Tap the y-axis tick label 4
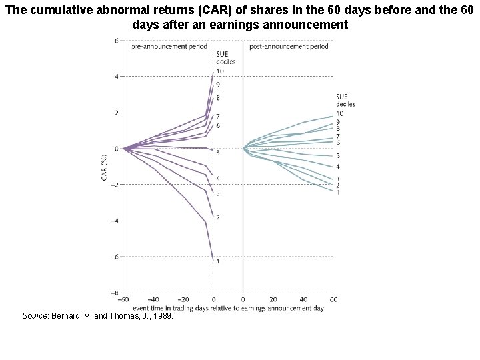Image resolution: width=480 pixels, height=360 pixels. [x=117, y=77]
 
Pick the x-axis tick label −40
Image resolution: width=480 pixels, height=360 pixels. [x=153, y=300]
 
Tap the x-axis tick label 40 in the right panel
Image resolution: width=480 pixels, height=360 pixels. [x=303, y=300]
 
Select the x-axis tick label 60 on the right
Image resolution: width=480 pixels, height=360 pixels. [x=333, y=300]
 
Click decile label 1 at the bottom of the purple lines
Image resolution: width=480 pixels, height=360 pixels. [x=219, y=261]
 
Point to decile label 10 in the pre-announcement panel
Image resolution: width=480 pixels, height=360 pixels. [x=220, y=71]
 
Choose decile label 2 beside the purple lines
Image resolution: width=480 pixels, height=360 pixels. [x=218, y=217]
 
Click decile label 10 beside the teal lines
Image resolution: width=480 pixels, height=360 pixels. [x=340, y=113]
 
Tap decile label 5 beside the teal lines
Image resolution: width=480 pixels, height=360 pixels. [x=338, y=155]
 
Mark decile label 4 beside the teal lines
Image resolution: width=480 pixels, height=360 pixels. [x=338, y=167]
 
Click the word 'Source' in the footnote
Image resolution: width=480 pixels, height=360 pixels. [x=35, y=316]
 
